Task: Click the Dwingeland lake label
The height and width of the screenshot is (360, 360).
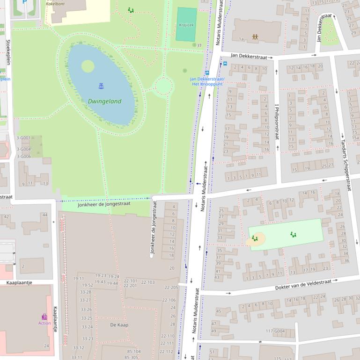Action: (x=104, y=101)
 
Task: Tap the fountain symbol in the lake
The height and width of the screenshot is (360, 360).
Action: (x=101, y=86)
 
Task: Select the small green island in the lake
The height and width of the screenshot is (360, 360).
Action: (x=88, y=66)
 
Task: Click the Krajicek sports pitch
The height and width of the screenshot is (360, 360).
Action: (x=186, y=24)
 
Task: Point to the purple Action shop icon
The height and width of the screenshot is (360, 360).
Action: (x=44, y=317)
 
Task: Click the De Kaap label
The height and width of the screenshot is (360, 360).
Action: (x=119, y=324)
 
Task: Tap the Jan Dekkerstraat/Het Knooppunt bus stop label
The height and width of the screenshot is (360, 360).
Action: (x=207, y=81)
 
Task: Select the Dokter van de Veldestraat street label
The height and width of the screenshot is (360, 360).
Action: (x=303, y=283)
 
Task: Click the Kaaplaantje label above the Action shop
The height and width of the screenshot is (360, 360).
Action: (x=19, y=282)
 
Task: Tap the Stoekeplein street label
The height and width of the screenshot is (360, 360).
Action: (x=8, y=52)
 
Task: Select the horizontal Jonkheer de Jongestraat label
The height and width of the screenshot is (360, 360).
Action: (x=104, y=204)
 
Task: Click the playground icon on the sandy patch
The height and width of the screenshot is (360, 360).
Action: (x=255, y=238)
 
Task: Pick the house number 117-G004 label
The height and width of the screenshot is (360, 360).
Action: (x=275, y=331)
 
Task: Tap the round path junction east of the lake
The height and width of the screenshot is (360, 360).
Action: (x=163, y=86)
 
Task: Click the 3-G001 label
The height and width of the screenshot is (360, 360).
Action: (x=23, y=138)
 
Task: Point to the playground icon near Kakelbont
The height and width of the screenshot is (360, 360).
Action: (x=131, y=10)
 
